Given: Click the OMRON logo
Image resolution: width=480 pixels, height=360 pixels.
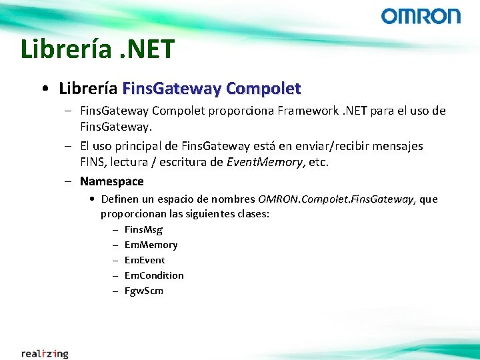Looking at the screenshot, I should point(421,16).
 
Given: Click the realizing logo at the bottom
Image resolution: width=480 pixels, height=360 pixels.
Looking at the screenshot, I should point(45,353).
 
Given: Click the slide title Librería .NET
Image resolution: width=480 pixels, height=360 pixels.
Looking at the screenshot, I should point(97,49).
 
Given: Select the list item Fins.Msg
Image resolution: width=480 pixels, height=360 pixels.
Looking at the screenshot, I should point(143,229).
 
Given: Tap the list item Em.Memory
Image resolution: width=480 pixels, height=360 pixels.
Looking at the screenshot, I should point(151,245).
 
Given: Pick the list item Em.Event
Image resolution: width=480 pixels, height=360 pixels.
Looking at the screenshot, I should point(145,260).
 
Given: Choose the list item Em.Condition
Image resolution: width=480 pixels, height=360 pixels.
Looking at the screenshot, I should point(154,275).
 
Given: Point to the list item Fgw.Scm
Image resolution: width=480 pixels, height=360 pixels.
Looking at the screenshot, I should point(144,291).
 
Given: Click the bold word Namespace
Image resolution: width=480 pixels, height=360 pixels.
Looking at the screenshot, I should point(111,181).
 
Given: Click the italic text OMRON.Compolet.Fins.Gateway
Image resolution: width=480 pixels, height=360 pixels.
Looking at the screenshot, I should point(335,199).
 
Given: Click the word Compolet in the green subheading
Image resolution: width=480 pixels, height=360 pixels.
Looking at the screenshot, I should point(263,88).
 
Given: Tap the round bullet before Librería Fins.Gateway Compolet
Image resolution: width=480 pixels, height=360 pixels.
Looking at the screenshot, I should point(44,89).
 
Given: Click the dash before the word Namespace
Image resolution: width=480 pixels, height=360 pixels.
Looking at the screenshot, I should point(69,181).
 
